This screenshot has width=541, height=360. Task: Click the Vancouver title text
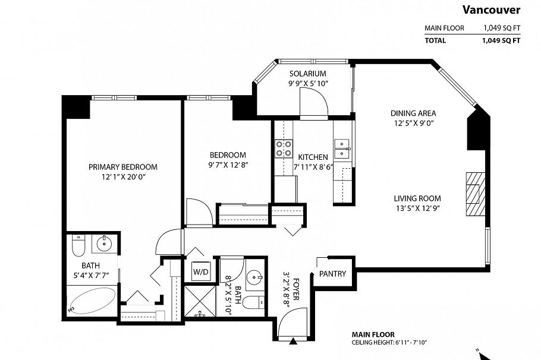[x=491, y=10]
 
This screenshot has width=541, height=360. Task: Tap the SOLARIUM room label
[x=307, y=74]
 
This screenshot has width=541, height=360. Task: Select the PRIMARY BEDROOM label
[x=123, y=167]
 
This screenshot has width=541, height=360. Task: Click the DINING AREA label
[x=413, y=113]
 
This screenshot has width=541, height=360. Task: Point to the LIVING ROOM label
[x=417, y=198]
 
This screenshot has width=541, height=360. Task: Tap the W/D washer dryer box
[x=200, y=272]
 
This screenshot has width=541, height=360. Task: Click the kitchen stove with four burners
[x=284, y=149]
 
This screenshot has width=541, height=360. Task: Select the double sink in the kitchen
[x=342, y=149]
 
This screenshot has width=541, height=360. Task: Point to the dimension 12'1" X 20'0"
[x=123, y=176]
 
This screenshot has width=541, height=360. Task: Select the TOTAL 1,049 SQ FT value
[x=501, y=40]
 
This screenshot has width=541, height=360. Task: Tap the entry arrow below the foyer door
[x=293, y=341]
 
